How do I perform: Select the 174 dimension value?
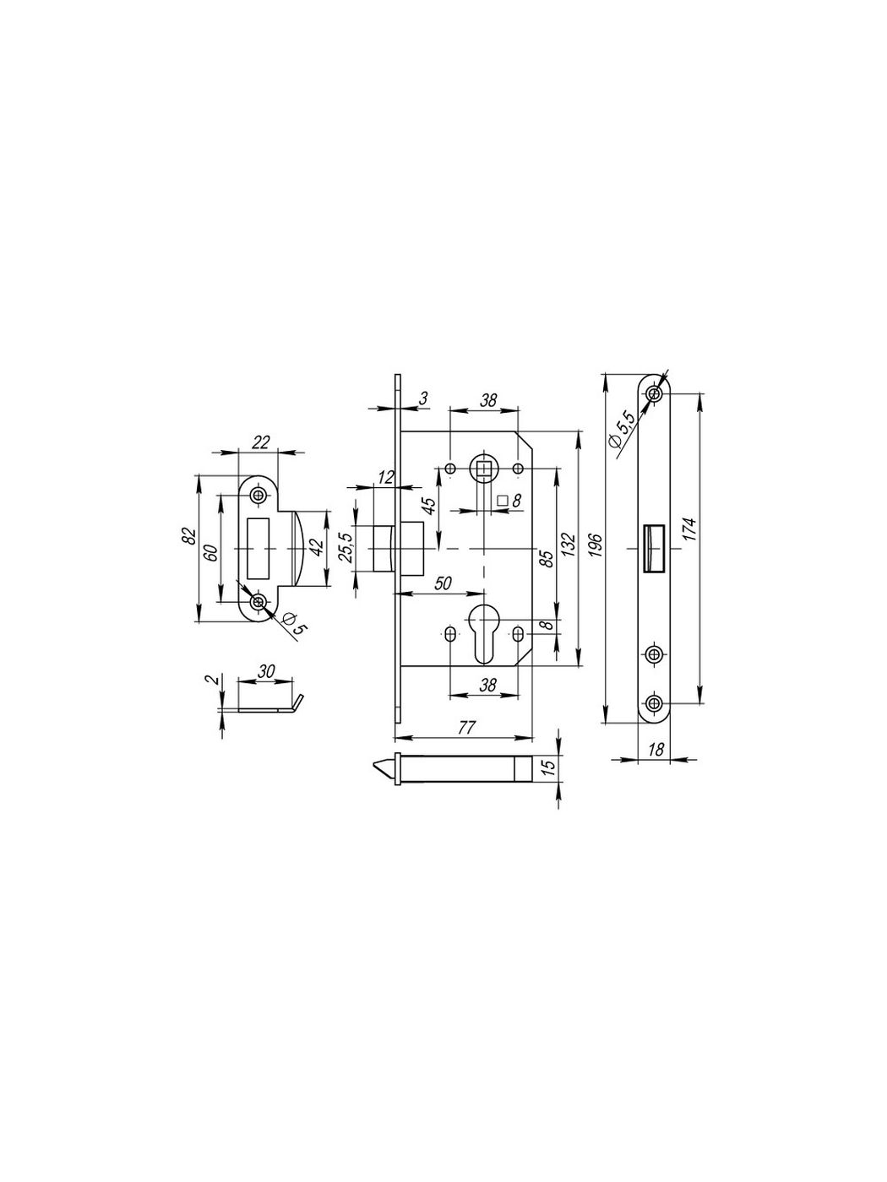tap(691, 529)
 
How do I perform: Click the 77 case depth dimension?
tap(467, 728)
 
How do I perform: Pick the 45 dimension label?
tap(428, 506)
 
